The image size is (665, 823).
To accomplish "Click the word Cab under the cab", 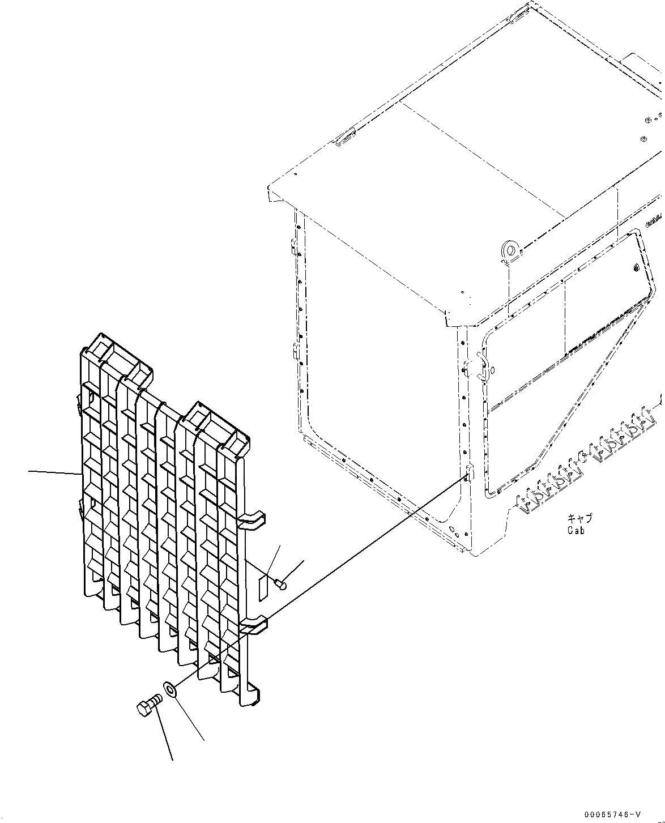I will pos(576,531).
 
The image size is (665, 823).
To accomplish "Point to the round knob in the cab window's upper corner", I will pos(637,268).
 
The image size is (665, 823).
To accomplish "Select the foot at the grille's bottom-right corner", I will pos(250,696).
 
